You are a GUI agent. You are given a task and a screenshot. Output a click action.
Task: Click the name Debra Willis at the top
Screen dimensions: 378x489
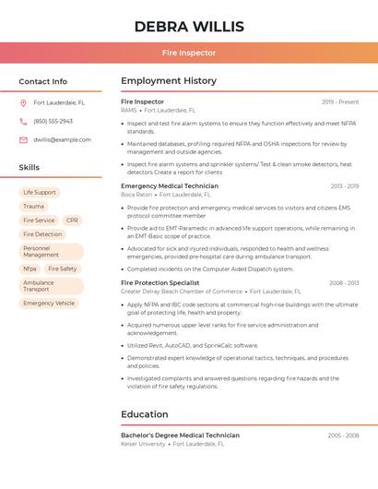189,26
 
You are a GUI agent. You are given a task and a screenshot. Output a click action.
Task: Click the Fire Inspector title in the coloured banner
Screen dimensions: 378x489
189,53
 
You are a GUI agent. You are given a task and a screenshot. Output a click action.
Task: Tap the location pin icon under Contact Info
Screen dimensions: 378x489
23,103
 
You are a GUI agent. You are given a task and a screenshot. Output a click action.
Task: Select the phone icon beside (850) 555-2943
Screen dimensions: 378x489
23,122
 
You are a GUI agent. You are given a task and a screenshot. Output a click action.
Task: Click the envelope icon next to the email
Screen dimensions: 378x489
23,140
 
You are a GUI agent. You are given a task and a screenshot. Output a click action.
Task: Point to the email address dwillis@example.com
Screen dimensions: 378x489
62,140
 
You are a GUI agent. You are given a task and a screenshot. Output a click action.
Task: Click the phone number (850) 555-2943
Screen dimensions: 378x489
53,122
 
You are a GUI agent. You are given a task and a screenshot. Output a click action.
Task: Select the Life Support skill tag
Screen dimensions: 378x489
40,193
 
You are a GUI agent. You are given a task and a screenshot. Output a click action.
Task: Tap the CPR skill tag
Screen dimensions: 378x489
72,221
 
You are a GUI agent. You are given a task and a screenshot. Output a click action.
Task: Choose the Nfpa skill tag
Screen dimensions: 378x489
30,269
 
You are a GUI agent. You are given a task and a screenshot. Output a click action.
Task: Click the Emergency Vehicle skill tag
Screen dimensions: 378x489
49,304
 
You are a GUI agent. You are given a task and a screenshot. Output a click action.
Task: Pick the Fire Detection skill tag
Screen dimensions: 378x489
42,234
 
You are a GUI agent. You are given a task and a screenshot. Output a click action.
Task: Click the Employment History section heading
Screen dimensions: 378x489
169,81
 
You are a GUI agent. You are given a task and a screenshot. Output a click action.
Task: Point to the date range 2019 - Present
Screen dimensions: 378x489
340,102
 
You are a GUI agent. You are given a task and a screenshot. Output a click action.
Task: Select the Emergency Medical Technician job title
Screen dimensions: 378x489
170,186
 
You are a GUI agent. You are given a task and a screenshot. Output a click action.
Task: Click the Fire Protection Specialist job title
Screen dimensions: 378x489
159,283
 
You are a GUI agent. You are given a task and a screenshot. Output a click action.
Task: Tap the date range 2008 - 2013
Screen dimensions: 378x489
344,283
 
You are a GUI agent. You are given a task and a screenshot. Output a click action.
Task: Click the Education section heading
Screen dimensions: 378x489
145,414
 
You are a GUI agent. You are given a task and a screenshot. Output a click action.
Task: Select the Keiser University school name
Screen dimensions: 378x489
143,444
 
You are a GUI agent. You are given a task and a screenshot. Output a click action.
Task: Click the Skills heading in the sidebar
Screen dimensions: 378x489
30,168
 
